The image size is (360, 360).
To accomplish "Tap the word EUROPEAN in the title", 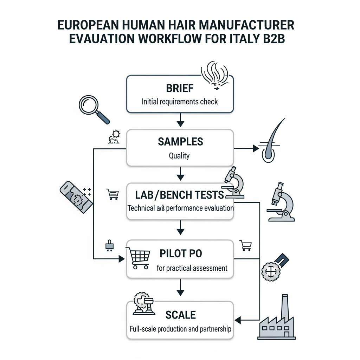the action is click(x=88, y=25).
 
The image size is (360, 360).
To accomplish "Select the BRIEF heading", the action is click(x=180, y=88).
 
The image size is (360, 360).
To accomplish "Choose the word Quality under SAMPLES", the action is click(x=179, y=156).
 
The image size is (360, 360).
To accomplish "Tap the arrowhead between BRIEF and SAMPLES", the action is click(x=180, y=124).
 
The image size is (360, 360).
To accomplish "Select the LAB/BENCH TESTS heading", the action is click(x=179, y=195).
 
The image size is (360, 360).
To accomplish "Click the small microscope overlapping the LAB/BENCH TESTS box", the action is click(x=233, y=182).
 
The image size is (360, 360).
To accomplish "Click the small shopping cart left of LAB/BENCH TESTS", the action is click(x=113, y=194).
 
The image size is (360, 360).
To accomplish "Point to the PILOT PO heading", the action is click(x=181, y=253).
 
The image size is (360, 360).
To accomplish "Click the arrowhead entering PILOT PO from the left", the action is click(x=121, y=259).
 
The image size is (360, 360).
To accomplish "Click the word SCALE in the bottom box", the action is click(x=180, y=315).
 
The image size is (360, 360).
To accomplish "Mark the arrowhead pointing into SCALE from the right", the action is click(x=238, y=320).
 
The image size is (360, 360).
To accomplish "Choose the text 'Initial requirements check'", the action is click(x=180, y=102).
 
